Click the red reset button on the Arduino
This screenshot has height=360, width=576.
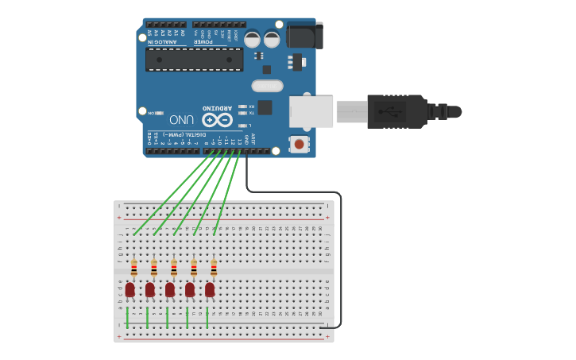(x=299, y=144)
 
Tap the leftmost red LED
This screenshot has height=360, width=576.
(x=130, y=289)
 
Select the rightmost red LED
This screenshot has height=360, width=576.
(x=210, y=289)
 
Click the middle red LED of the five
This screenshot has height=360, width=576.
(x=170, y=289)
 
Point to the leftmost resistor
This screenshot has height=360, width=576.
(x=134, y=269)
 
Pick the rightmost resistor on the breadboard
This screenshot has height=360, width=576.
(x=214, y=269)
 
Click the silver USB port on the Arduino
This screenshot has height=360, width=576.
(x=310, y=111)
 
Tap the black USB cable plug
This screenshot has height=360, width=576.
(x=397, y=111)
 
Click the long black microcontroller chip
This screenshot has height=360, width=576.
(x=194, y=59)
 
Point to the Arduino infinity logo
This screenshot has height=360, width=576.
(x=217, y=120)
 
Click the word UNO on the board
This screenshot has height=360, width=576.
(x=181, y=120)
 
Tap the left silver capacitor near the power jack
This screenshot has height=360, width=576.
(x=253, y=39)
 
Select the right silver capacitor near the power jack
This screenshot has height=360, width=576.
(x=272, y=39)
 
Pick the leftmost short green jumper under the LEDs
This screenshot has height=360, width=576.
(x=127, y=316)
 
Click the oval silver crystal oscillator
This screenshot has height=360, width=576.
(x=267, y=86)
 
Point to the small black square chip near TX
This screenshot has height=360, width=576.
(x=265, y=107)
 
